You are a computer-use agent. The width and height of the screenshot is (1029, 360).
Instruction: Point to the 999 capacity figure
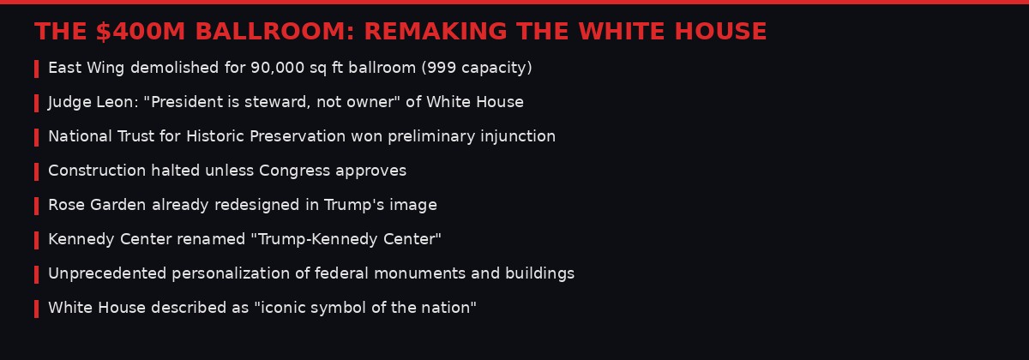tap(438, 68)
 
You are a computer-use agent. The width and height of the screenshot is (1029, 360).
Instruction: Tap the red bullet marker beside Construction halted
tap(36, 171)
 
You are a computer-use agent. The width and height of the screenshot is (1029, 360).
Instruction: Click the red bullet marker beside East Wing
tap(36, 69)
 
